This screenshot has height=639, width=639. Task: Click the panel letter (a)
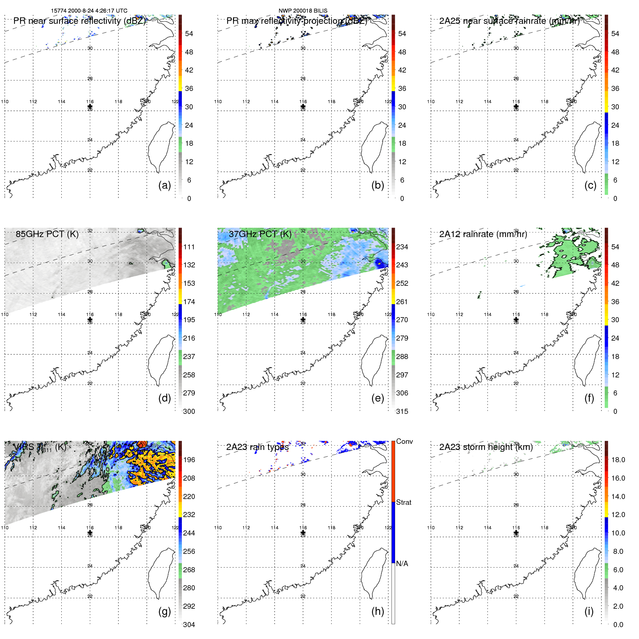pyautogui.click(x=165, y=185)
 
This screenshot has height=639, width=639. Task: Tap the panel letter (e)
pyautogui.click(x=377, y=398)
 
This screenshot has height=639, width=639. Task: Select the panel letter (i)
pyautogui.click(x=589, y=611)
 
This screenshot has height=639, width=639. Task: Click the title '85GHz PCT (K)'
pyautogui.click(x=47, y=234)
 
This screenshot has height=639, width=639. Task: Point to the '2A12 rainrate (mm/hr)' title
pyautogui.click(x=483, y=234)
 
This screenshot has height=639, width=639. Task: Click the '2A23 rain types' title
pyautogui.click(x=258, y=447)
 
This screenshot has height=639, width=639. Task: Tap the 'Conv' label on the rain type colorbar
pyautogui.click(x=404, y=441)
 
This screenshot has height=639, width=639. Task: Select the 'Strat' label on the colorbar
pyautogui.click(x=404, y=502)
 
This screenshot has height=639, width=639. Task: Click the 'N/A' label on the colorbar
pyautogui.click(x=402, y=564)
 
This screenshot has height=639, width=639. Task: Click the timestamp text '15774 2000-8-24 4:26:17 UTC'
pyautogui.click(x=89, y=11)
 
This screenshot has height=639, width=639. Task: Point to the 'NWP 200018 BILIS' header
pyautogui.click(x=303, y=11)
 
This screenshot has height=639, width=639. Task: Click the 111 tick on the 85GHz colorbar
pyautogui.click(x=189, y=247)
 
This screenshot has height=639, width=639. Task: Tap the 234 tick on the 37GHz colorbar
pyautogui.click(x=402, y=247)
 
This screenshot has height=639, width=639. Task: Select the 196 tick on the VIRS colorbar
pyautogui.click(x=189, y=460)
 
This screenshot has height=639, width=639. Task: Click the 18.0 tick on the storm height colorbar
pyautogui.click(x=618, y=460)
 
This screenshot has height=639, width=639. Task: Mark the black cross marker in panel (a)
pyautogui.click(x=90, y=106)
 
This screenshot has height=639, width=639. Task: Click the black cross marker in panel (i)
pyautogui.click(x=516, y=533)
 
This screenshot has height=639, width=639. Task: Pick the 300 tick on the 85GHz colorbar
pyautogui.click(x=189, y=411)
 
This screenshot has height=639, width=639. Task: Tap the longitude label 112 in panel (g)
pyautogui.click(x=33, y=528)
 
